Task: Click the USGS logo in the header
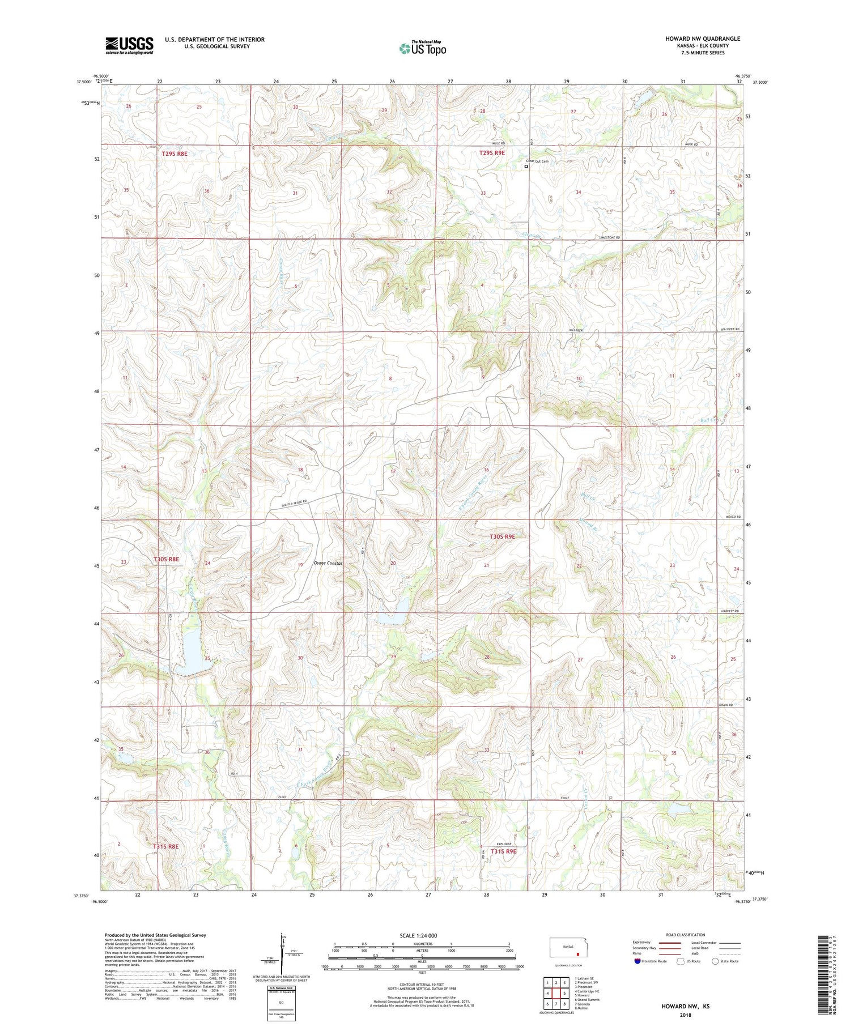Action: point(129,45)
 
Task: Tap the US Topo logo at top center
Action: point(423,49)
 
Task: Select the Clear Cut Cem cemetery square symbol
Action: point(526,167)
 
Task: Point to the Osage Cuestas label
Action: point(328,563)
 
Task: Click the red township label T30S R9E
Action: point(502,536)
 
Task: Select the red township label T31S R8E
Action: point(165,846)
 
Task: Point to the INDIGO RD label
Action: point(732,517)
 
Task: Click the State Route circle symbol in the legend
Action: point(715,961)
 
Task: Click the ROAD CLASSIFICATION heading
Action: point(686,935)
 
